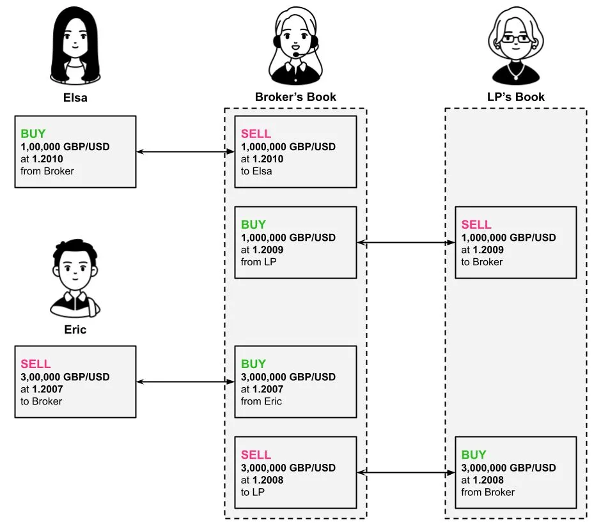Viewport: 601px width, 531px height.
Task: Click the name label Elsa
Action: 75,98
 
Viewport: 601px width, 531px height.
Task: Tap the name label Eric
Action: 75,330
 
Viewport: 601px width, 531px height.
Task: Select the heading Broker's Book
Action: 295,97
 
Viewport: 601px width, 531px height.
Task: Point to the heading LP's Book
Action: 515,97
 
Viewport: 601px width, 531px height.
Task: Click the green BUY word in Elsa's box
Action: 33,134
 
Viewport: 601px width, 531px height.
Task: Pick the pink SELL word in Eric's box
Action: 36,364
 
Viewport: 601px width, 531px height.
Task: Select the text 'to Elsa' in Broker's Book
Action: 256,171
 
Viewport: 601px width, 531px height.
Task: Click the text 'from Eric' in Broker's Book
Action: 261,401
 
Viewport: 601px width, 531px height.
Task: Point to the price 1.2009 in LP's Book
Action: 489,250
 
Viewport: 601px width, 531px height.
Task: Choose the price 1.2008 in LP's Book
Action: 489,480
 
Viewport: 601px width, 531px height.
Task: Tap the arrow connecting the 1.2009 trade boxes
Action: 405,243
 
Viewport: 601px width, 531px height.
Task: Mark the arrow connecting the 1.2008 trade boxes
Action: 405,473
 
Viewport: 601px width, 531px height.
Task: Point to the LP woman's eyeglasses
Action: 515,39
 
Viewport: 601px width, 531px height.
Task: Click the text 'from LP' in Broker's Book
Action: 259,262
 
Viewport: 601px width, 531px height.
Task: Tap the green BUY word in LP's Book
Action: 474,455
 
